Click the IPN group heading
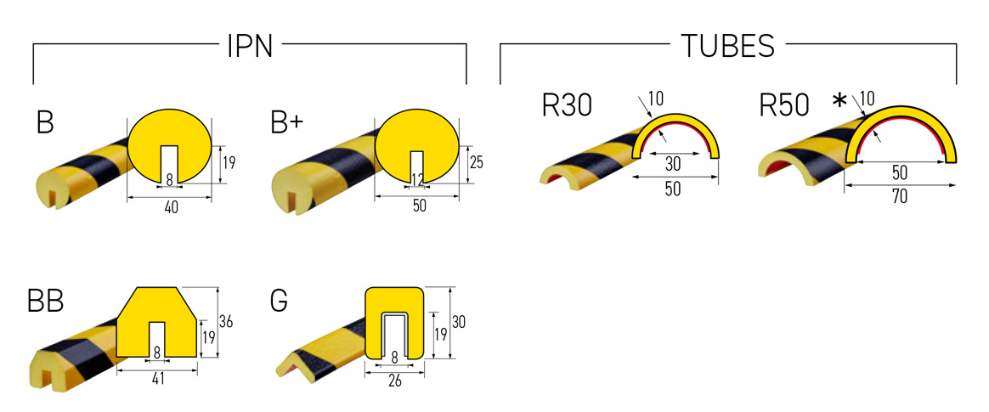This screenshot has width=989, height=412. [x=250, y=46]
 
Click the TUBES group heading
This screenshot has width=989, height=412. [x=727, y=46]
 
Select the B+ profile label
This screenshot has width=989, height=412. [x=286, y=123]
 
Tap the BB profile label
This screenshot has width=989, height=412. [x=46, y=302]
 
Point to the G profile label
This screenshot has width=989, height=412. [x=278, y=301]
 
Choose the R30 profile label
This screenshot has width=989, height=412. [x=568, y=105]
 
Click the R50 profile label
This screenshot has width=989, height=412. [x=785, y=105]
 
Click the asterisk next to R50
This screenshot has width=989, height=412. [x=839, y=102]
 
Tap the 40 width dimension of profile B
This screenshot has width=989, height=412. [x=170, y=206]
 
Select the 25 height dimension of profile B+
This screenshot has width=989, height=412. [x=476, y=162]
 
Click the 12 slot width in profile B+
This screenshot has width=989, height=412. [x=416, y=179]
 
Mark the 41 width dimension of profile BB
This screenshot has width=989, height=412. [x=157, y=380]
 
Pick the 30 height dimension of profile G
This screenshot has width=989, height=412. [x=459, y=322]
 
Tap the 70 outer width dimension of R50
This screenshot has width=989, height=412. [x=900, y=197]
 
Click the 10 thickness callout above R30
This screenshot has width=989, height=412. [x=655, y=99]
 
